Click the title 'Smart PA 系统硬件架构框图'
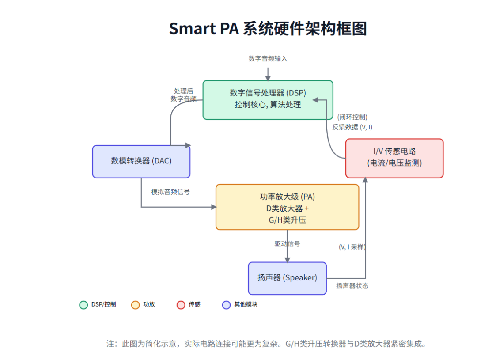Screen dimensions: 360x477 pos(268,29)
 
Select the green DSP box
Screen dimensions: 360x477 pos(268,100)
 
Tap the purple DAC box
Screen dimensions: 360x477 pos(141,161)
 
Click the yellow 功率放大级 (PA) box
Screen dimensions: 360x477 pos(287,207)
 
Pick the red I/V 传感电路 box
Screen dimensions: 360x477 pos(394,158)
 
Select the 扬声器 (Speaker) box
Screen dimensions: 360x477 pos(287,278)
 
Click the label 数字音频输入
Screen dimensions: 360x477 pos(268,59)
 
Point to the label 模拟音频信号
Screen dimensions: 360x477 pos(170,192)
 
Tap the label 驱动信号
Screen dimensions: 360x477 pos(287,244)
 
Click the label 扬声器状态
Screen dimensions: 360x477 pos(352,286)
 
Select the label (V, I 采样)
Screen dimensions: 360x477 pos(352,247)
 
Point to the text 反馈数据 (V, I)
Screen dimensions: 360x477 pos(352,127)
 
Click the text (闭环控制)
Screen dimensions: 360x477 pos(352,117)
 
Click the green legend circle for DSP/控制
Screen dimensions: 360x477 pos(83,305)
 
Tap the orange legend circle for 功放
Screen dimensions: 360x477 pos(136,305)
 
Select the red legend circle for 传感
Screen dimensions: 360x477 pos(181,305)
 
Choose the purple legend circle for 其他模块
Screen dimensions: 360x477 pos(227,305)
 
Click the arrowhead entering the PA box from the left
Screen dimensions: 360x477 pos(214,207)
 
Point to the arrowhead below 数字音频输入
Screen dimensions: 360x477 pos(268,78)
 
